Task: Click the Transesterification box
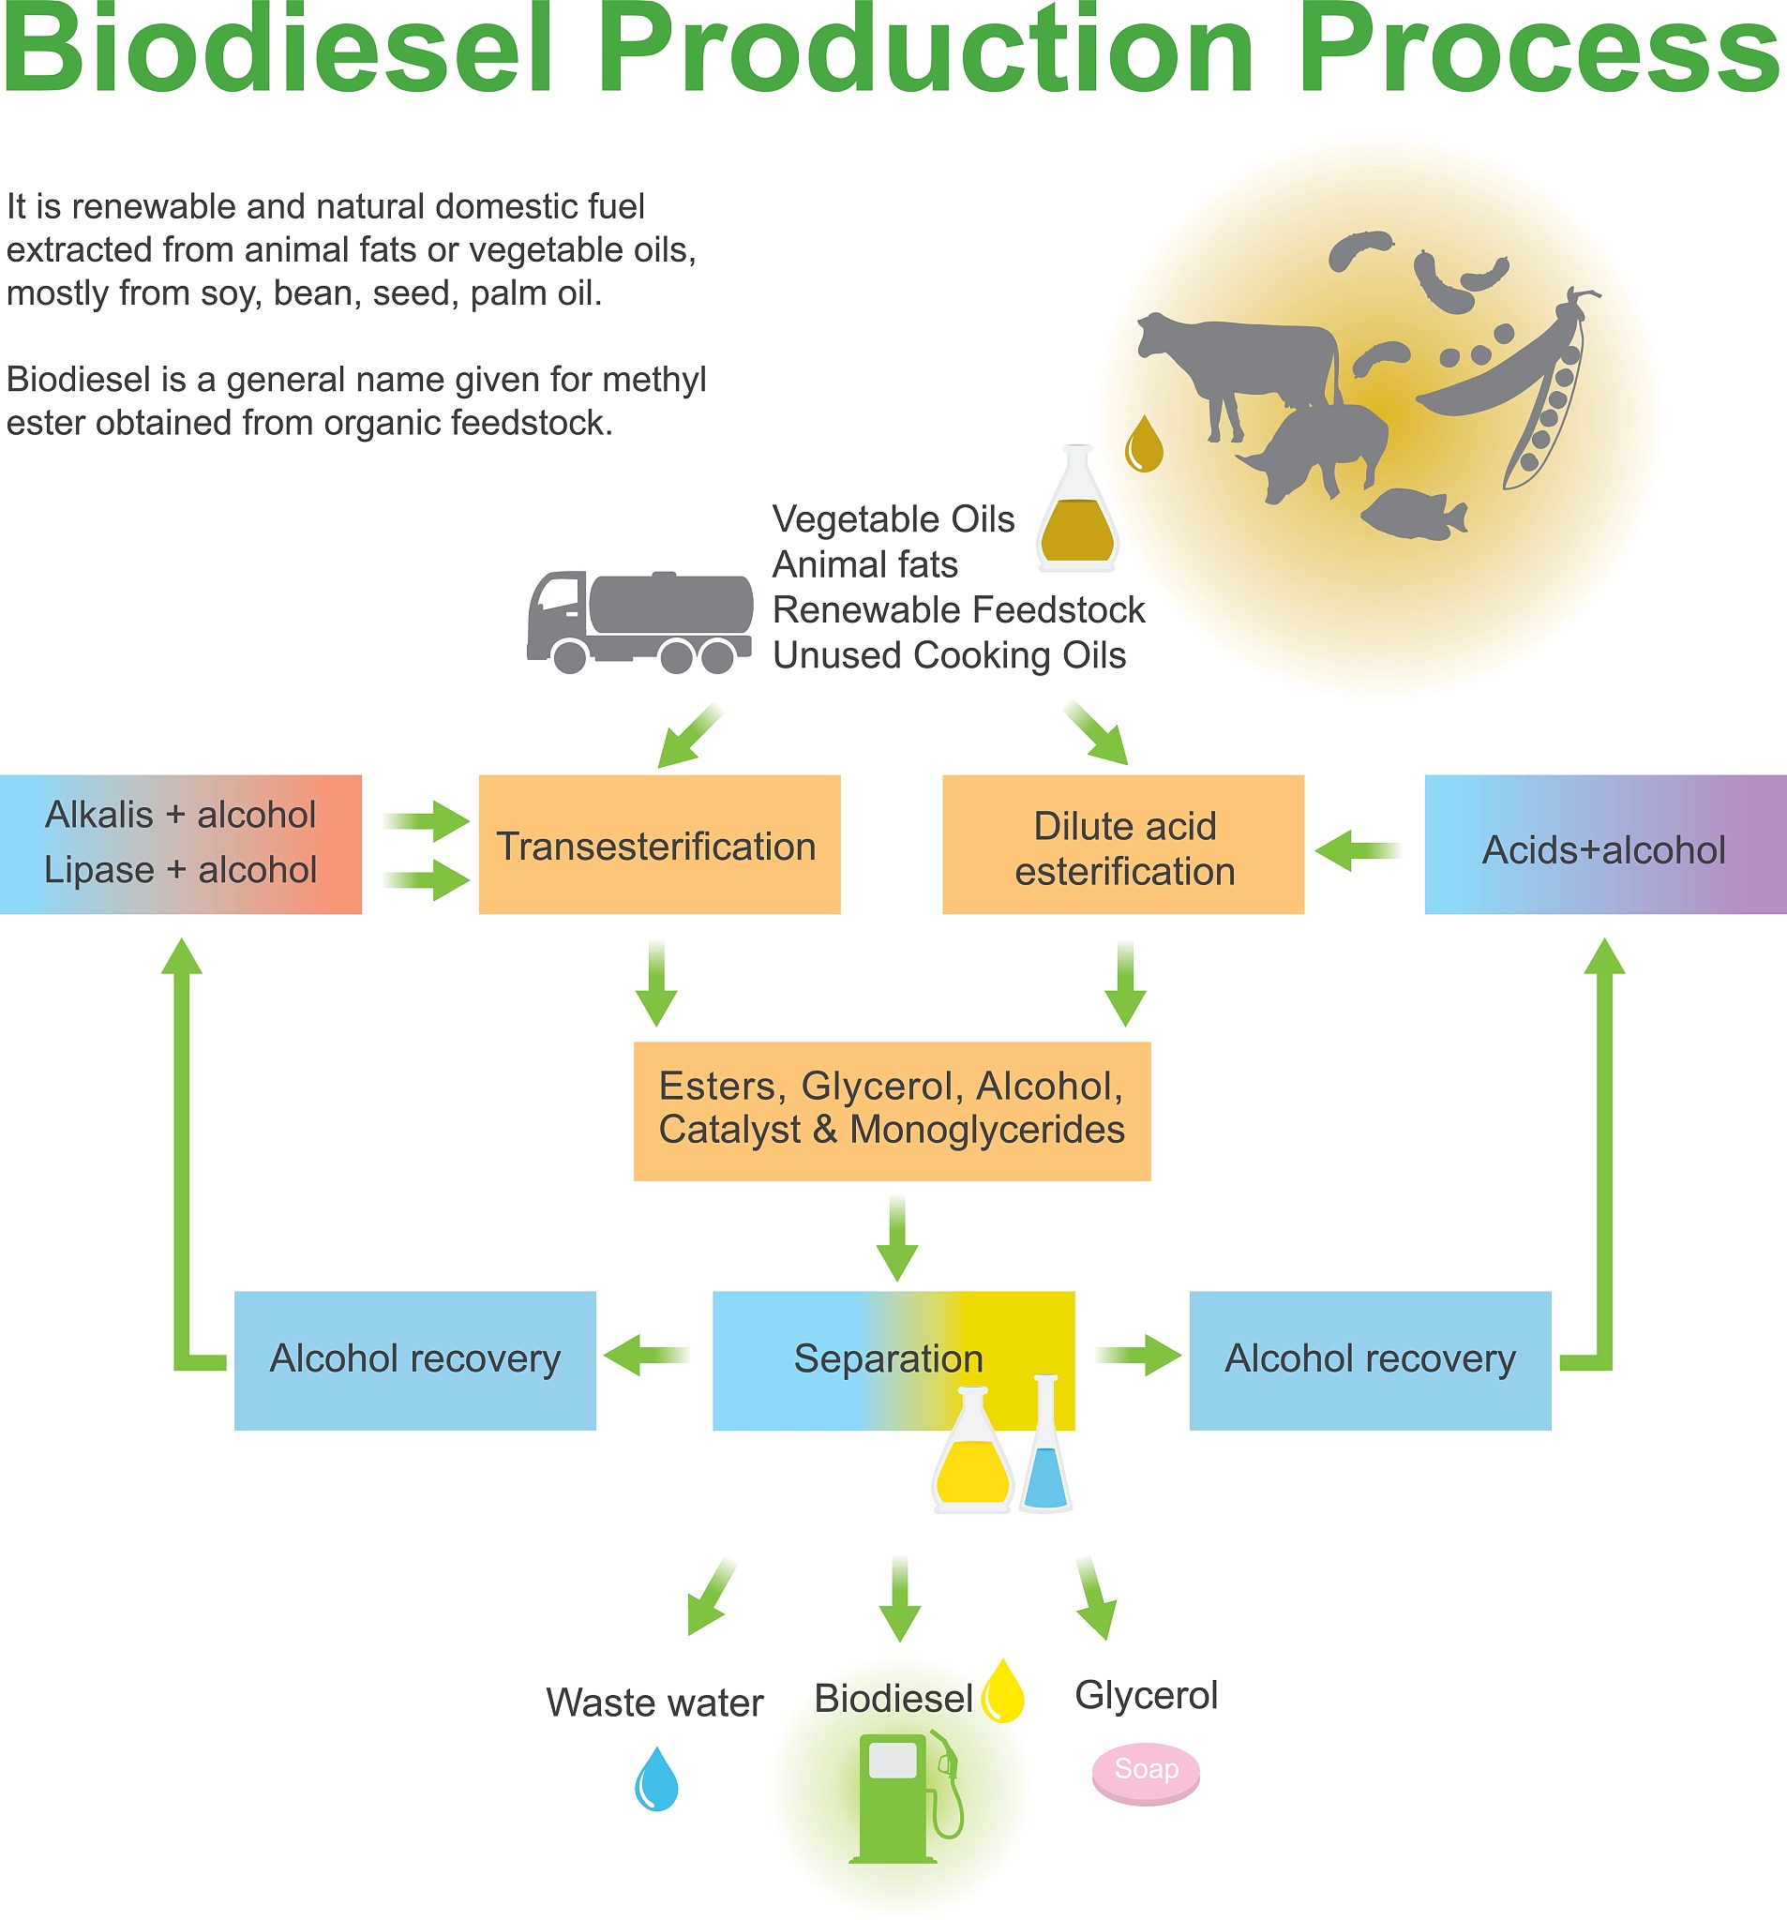pyautogui.click(x=659, y=845)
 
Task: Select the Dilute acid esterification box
pyautogui.click(x=1122, y=845)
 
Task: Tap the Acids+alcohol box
pyautogui.click(x=1604, y=845)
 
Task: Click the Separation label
pyautogui.click(x=888, y=1358)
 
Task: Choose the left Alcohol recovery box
pyautogui.click(x=414, y=1359)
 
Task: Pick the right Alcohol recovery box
pyautogui.click(x=1370, y=1359)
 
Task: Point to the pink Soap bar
pyautogui.click(x=1146, y=1772)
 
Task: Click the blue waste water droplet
pyautogui.click(x=656, y=1780)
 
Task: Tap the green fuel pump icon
pyautogui.click(x=903, y=1797)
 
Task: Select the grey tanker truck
pyautogui.click(x=639, y=620)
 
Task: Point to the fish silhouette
pyautogui.click(x=1413, y=514)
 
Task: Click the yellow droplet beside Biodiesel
pyautogui.click(x=1002, y=1692)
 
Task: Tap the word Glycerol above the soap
pyautogui.click(x=1146, y=1696)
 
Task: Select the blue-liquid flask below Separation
pyautogui.click(x=1045, y=1448)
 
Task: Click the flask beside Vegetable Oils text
pyautogui.click(x=1077, y=512)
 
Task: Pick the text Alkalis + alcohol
pyautogui.click(x=181, y=815)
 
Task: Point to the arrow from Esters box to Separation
pyautogui.click(x=896, y=1238)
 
